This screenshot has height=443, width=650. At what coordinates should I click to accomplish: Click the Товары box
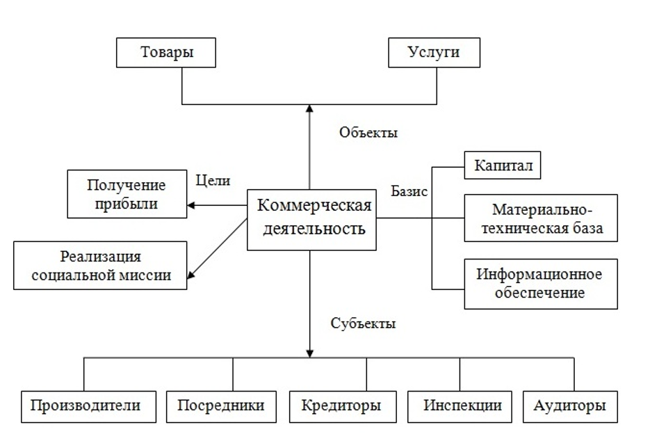[x=166, y=53]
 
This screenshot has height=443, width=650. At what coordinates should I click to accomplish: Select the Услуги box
[x=434, y=53]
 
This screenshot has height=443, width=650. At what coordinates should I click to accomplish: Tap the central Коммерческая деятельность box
[x=312, y=218]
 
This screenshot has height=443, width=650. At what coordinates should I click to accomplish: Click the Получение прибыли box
[x=127, y=195]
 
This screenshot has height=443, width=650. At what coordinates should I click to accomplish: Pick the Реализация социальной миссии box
[x=101, y=265]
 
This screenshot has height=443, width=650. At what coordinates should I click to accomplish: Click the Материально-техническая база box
[x=541, y=218]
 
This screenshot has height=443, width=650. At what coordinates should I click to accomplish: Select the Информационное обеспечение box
[x=540, y=283]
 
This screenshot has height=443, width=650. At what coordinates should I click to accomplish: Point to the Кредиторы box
[x=341, y=405]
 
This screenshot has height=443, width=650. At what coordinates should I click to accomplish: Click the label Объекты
[x=368, y=132]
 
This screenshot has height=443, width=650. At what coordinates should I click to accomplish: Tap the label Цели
[x=213, y=180]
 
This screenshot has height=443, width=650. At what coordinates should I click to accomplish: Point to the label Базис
[x=409, y=192]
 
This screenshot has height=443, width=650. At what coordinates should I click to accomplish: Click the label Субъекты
[x=364, y=323]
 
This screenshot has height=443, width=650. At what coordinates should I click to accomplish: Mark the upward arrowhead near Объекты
[x=309, y=110]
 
